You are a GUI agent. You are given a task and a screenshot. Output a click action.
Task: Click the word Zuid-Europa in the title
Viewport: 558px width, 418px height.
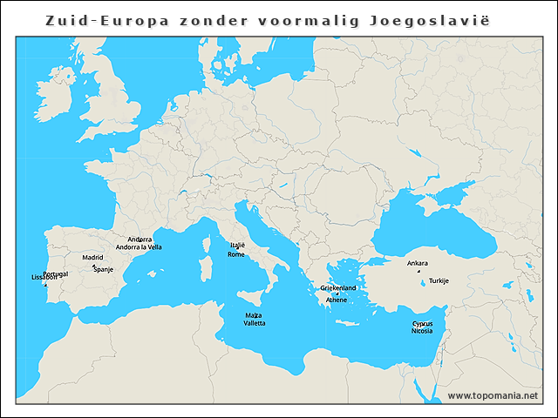(98, 20)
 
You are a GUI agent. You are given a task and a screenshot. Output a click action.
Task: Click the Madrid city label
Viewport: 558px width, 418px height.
(92, 258)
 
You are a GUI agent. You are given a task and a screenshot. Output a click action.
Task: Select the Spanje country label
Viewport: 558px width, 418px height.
(103, 270)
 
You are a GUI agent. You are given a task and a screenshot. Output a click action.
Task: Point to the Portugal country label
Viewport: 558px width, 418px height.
(55, 273)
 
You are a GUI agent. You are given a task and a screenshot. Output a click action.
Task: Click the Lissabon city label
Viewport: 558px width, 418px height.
(44, 278)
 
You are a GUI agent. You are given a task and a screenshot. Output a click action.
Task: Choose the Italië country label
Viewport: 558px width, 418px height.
(237, 246)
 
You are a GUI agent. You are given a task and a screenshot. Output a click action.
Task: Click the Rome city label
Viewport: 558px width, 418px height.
(236, 254)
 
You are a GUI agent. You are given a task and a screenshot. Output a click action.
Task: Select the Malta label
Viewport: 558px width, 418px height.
(253, 314)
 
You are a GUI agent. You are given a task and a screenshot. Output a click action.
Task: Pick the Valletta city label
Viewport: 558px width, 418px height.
(255, 323)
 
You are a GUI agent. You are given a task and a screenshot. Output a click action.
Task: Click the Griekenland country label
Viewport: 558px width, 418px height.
(338, 287)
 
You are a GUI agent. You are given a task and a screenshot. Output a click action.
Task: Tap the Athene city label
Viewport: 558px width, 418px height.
(337, 300)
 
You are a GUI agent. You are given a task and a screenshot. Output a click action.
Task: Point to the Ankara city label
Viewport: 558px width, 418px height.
(418, 263)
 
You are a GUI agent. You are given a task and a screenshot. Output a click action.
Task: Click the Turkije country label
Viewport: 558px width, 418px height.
(439, 280)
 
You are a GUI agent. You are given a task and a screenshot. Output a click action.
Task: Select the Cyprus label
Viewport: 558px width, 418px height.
(422, 323)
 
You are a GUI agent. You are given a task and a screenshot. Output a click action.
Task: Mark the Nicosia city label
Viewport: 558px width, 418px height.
(422, 331)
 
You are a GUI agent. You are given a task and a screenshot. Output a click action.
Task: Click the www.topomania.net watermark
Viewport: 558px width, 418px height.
(493, 395)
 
